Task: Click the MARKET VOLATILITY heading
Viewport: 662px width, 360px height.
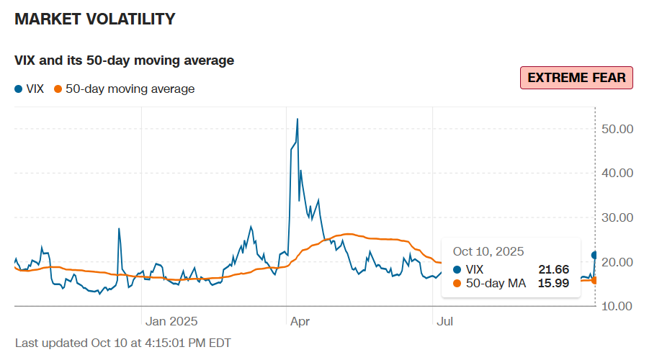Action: point(95,19)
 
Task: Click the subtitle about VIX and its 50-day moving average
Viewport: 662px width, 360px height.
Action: point(124,60)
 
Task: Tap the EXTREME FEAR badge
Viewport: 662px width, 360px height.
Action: point(576,78)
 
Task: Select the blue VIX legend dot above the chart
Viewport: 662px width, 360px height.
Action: point(18,89)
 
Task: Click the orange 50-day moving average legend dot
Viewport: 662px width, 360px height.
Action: point(58,89)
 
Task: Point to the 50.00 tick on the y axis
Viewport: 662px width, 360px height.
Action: point(617,129)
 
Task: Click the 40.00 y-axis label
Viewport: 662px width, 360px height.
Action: point(617,173)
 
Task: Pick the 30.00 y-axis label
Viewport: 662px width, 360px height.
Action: point(617,217)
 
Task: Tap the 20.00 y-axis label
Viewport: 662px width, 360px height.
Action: point(617,262)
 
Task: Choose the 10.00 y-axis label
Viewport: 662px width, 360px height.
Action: point(617,307)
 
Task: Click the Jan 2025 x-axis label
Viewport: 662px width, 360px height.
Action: point(171,322)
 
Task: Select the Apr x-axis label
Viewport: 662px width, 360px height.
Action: point(300,322)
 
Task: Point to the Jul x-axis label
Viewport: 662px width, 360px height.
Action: point(445,322)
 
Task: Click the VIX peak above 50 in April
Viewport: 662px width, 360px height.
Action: point(298,119)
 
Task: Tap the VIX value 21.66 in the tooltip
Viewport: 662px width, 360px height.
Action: point(553,269)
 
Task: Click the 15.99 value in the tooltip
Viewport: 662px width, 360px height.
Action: point(553,283)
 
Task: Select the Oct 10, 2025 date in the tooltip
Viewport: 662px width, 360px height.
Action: point(488,251)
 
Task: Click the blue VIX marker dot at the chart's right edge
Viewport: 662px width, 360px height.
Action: point(595,255)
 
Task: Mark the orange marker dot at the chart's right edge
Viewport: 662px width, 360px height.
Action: point(595,280)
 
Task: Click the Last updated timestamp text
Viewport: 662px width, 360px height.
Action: point(123,343)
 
